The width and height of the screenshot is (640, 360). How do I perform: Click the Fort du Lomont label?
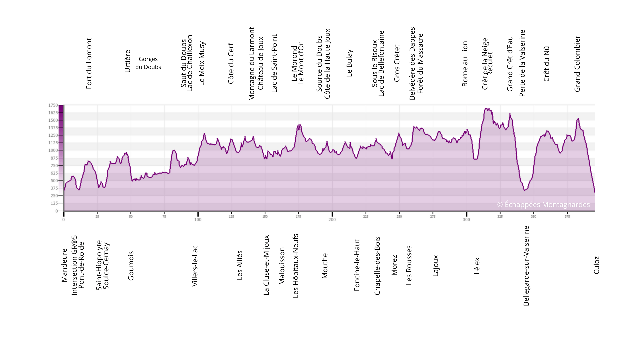[x=89, y=63]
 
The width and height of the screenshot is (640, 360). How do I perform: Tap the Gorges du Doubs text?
[x=148, y=63]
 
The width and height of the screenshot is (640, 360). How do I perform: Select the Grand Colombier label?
[x=577, y=64]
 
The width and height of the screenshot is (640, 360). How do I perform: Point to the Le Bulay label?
[x=349, y=63]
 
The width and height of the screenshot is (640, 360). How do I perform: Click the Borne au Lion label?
[x=465, y=64]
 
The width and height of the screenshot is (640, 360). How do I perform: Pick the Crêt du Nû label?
[x=546, y=64]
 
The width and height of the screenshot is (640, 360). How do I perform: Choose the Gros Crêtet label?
[x=397, y=63]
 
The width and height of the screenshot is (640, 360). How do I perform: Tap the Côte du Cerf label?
[x=231, y=63]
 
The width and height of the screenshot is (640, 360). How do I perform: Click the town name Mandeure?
[x=64, y=265]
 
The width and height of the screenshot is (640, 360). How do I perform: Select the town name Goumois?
[x=131, y=266]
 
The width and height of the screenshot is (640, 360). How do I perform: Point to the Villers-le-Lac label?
[x=195, y=266]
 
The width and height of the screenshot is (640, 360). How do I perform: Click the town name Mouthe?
[x=325, y=266]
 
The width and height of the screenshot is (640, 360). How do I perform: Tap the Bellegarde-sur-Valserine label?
[x=526, y=266]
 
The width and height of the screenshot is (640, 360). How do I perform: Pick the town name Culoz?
[x=596, y=265]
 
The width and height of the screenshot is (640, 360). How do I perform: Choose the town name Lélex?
[x=477, y=266]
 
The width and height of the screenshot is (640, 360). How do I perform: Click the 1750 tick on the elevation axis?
[x=53, y=105]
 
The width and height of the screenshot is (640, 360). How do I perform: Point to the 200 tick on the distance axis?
[x=332, y=220]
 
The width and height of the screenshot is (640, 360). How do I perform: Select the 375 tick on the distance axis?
[x=567, y=217]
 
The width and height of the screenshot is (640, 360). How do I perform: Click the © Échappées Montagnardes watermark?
[x=543, y=205]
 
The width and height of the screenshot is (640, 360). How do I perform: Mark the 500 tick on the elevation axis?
[x=54, y=181]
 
